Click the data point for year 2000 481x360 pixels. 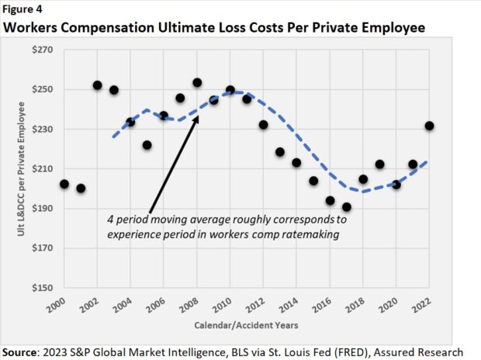pos(64,185)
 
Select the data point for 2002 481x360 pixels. pos(98,85)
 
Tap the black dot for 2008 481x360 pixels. pos(197,83)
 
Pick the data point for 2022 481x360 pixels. pos(430,126)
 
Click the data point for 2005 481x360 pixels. pos(147,145)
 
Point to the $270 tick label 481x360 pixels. pos(41,50)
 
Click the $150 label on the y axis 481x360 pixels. pos(41,288)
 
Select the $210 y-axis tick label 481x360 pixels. pos(41,169)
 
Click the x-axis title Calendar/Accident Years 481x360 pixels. pos(246,324)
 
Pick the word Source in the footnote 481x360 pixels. pos(22,351)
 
